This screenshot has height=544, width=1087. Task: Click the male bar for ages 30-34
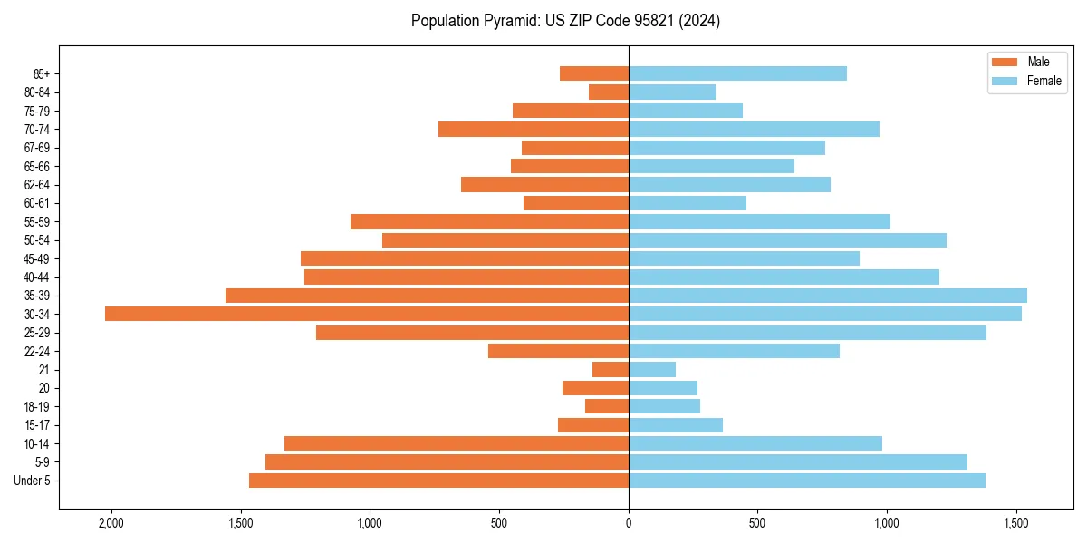click(367, 314)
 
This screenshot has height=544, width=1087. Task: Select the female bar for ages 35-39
click(828, 296)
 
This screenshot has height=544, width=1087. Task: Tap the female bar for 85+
click(737, 73)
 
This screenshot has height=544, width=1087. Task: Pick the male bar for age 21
click(611, 369)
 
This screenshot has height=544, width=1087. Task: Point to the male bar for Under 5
click(438, 481)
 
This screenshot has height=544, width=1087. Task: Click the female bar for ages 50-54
click(787, 240)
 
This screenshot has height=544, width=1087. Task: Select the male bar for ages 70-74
click(534, 129)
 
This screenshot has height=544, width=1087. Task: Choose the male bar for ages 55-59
click(489, 221)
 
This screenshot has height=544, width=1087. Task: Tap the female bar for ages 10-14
click(755, 443)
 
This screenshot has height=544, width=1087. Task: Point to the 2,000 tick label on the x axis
click(111, 523)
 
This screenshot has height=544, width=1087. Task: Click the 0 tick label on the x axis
click(629, 523)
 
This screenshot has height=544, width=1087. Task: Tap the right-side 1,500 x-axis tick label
click(1016, 523)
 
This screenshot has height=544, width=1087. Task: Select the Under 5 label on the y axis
click(33, 481)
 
